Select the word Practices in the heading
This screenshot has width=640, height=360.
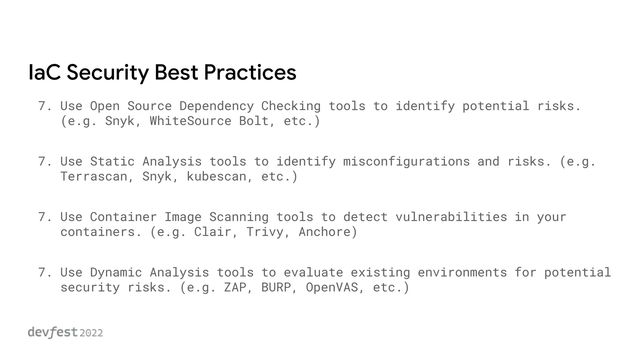pos(250,72)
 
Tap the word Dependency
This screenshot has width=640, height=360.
pos(216,106)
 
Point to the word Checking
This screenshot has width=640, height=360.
pos(291,106)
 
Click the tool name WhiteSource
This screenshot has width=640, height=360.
pos(190,121)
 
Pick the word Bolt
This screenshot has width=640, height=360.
pos(253,121)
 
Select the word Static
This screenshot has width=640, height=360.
pos(112,162)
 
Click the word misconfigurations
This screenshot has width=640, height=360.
pos(406,162)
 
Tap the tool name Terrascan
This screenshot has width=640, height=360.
pos(93,177)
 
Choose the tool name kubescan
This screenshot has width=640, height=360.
pos(216,177)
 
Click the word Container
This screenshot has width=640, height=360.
pos(123,217)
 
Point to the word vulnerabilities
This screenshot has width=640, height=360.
pos(451,217)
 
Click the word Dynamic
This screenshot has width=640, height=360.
pos(116,272)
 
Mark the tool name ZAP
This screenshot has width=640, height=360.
pos(235,287)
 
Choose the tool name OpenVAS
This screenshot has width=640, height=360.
pos(332,287)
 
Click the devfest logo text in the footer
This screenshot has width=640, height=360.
pos(52,332)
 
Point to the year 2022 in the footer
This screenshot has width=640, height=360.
pos(91,333)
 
